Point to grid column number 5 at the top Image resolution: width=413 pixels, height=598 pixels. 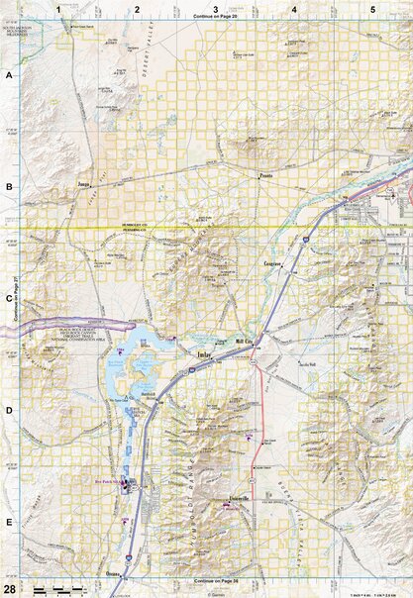point(372,9)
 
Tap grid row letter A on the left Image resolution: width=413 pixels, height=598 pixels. point(9,75)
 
